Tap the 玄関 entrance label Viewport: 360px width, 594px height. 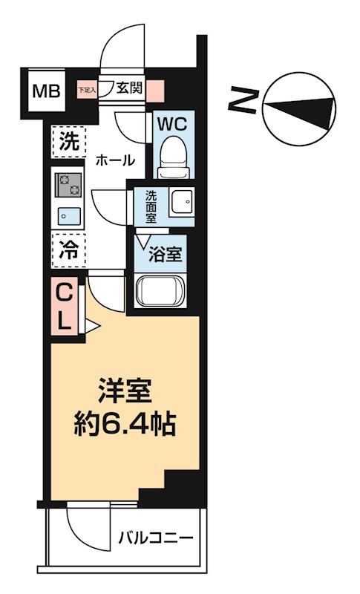(129, 88)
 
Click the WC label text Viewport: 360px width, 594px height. (174, 121)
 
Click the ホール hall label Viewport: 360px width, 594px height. (115, 160)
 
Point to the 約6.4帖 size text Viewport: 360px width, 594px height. (125, 425)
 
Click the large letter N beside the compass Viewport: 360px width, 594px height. (246, 101)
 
